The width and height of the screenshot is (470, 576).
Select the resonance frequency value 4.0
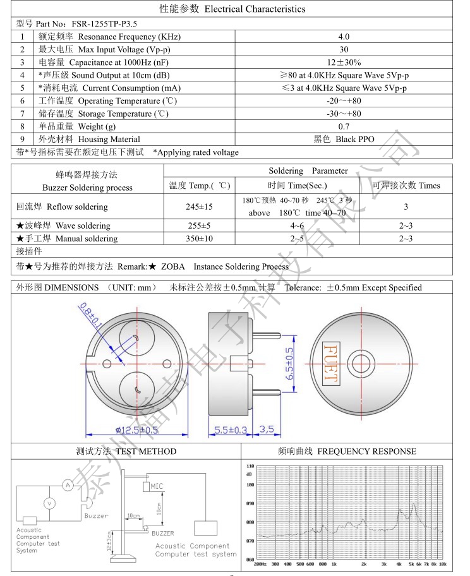pos(344,37)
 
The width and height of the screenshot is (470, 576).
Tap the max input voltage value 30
pos(344,49)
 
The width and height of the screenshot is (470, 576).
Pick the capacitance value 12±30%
pos(344,63)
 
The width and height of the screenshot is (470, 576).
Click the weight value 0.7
pos(344,126)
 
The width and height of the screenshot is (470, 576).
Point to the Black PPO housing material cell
pos(344,140)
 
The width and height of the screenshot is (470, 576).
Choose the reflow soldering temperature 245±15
pos(199,207)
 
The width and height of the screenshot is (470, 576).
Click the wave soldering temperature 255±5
pos(199,225)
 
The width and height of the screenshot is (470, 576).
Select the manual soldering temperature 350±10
pos(199,239)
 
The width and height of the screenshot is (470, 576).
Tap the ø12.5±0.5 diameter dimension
pos(136,431)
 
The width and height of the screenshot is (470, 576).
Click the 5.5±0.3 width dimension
pos(231,430)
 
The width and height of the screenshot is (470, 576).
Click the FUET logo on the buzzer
pos(330,363)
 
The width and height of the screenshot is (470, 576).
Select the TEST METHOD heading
pos(126,452)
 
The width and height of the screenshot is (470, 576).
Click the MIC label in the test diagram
pos(157,486)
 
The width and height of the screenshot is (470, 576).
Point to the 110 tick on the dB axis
pos(250,466)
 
